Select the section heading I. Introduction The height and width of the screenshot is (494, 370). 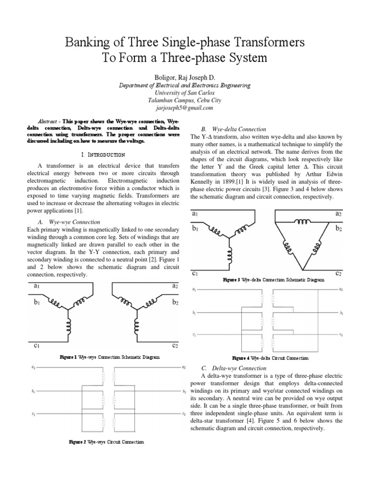[x=104, y=154]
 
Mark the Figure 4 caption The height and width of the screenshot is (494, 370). [x=270, y=358]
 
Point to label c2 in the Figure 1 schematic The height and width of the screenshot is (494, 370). [x=175, y=345]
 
